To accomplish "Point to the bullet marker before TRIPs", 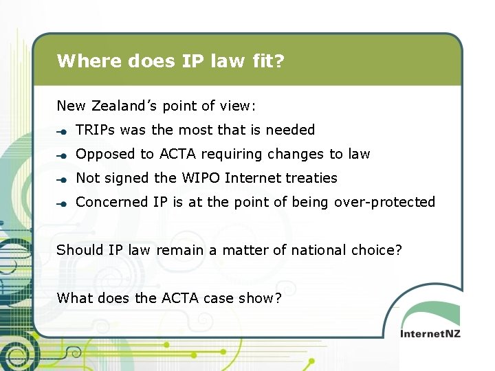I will click(62, 131).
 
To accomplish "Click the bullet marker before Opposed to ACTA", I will click(62, 155).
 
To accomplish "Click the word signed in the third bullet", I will click(127, 178).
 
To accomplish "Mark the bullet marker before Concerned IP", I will click(62, 203).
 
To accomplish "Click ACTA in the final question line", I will click(179, 298).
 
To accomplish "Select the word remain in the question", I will click(178, 250).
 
